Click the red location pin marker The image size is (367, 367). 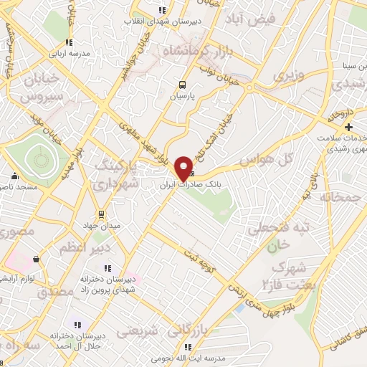pos(184,168)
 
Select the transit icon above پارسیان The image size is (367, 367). pos(182,83)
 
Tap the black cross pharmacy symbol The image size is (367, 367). pos(348,127)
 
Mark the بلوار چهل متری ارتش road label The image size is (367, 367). pos(257,300)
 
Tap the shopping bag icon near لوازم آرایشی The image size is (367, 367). pos(35,259)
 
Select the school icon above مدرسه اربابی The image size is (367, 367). pos(69,42)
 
